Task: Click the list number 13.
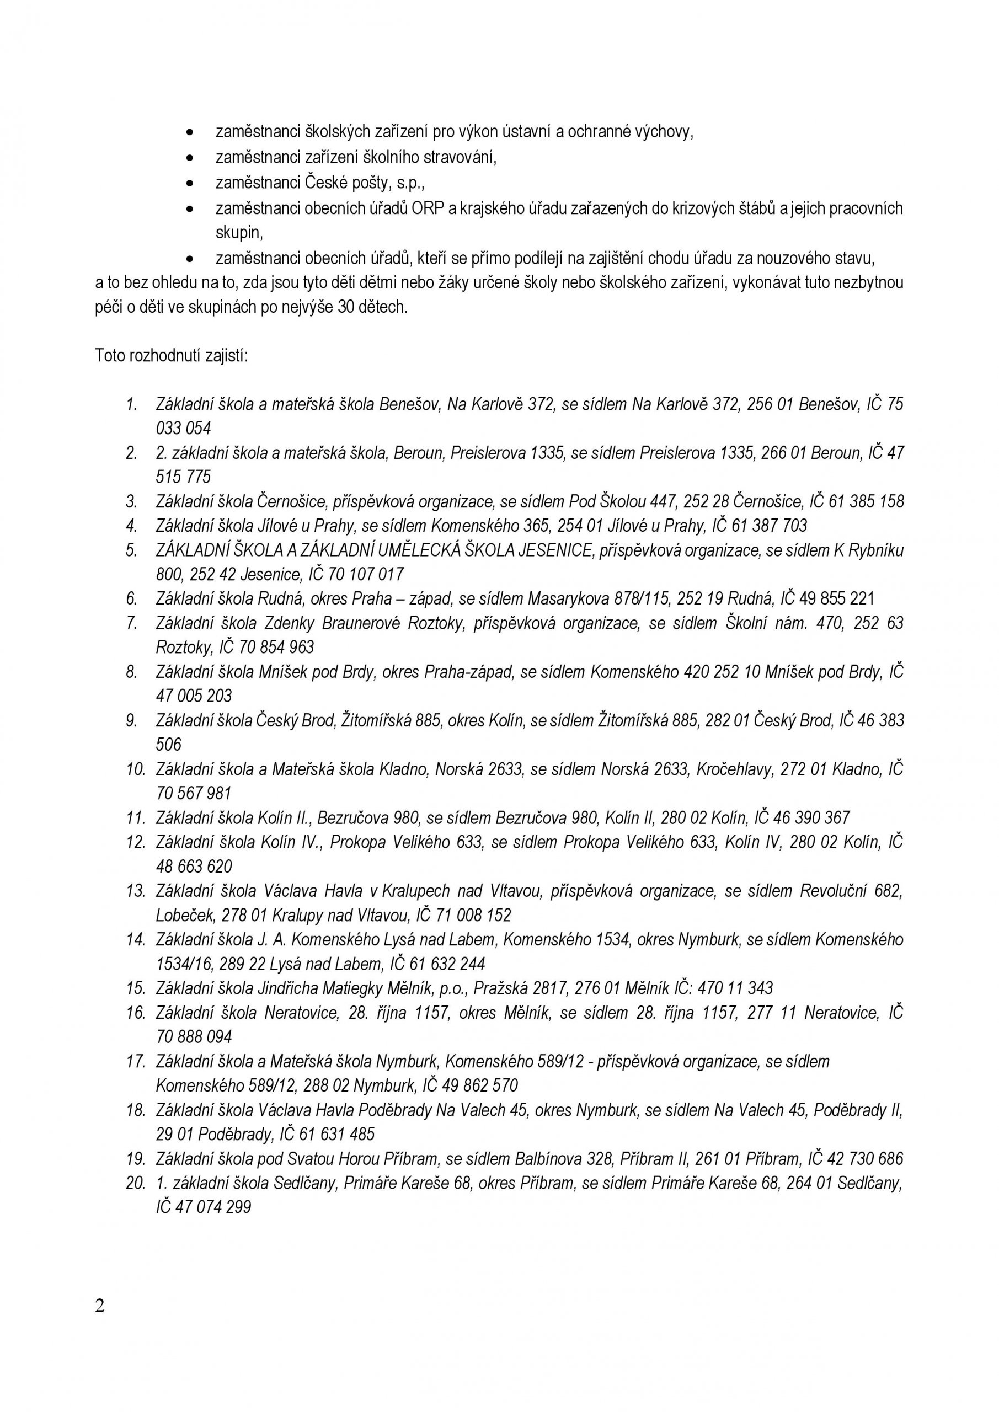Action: [135, 891]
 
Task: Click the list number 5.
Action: [132, 550]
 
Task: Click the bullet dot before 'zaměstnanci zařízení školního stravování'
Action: [191, 158]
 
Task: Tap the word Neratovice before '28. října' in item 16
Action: [301, 1013]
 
